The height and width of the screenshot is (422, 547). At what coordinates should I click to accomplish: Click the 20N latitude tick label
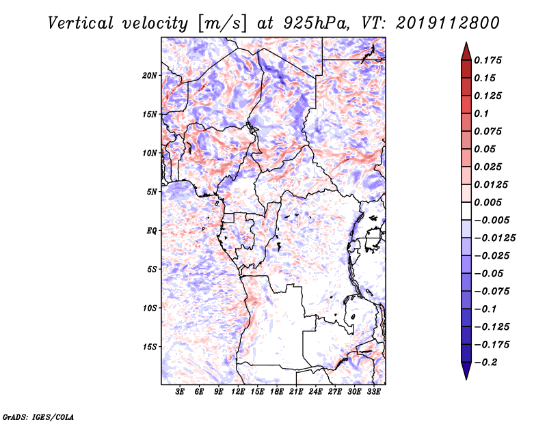pos(149,76)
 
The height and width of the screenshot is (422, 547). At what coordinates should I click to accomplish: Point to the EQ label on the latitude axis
pos(151,231)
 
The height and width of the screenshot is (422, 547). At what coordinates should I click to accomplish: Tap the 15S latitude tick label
pos(149,347)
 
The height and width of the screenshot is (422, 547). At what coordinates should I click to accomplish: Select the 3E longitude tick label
pos(180,392)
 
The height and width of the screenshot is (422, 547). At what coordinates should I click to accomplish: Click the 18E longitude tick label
pos(277,392)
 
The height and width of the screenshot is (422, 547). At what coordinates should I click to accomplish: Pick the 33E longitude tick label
pos(373,392)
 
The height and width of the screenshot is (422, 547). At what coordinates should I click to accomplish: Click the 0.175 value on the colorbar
pos(488,60)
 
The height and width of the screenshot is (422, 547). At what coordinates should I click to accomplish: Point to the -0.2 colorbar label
pos(485,363)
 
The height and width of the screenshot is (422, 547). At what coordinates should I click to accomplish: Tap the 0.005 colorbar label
pos(488,202)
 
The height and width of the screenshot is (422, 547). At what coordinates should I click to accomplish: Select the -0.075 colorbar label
pos(492,292)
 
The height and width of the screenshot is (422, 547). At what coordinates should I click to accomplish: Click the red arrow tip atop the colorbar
pos(466,43)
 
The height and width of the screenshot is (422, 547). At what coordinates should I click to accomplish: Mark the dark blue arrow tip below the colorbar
pos(466,378)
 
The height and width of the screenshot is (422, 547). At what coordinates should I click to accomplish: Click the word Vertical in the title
pos(81,23)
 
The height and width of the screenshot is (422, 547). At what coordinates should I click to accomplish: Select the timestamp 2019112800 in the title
pos(448,23)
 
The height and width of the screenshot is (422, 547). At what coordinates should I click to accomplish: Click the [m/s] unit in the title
pos(222,24)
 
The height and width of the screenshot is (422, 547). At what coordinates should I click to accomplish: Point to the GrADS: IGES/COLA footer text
pos(38,417)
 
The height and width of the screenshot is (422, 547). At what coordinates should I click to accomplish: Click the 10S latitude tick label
pos(149,308)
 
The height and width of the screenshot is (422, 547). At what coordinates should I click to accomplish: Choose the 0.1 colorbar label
pos(481,113)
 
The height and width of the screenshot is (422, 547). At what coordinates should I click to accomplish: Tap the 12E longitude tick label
pos(238,392)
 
